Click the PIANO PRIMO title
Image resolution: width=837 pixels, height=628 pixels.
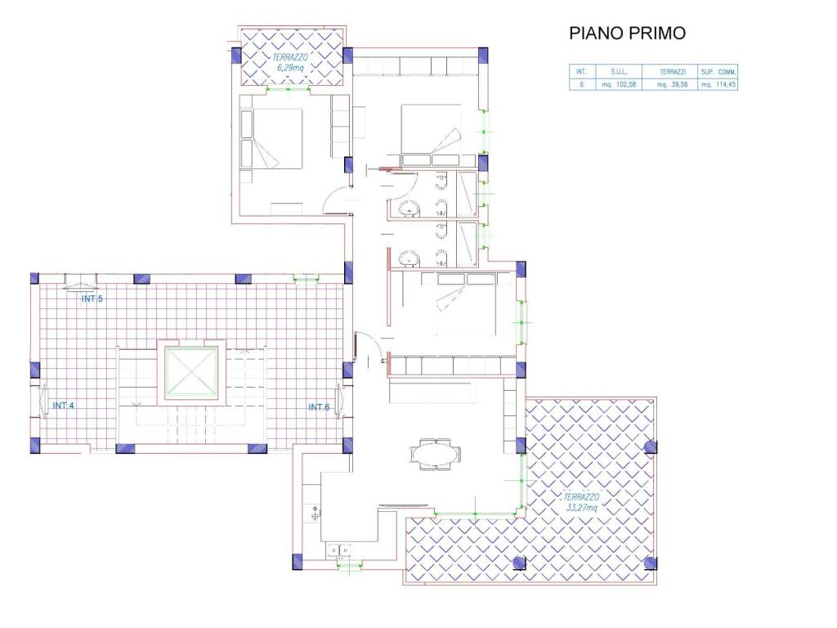coord(627,34)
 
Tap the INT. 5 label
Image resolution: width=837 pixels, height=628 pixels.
coord(92,298)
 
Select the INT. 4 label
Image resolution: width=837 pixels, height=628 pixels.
coord(65,406)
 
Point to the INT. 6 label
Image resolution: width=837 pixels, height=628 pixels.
coord(319,406)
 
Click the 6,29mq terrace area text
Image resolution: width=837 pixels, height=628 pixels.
coord(289,70)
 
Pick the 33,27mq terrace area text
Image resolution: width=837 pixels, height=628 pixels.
coord(581,508)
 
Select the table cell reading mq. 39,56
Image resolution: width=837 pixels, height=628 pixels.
coord(669,83)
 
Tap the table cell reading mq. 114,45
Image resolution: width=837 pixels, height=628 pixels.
coord(718,83)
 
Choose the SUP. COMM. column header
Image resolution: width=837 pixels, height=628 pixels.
coord(718,71)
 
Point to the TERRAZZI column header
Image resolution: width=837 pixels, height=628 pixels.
coord(669,71)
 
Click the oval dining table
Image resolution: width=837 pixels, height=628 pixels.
coord(435,452)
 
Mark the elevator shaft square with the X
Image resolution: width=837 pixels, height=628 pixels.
coord(192,373)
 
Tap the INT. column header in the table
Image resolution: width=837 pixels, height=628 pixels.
coord(581,71)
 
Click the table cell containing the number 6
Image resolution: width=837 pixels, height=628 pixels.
coord(581,83)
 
